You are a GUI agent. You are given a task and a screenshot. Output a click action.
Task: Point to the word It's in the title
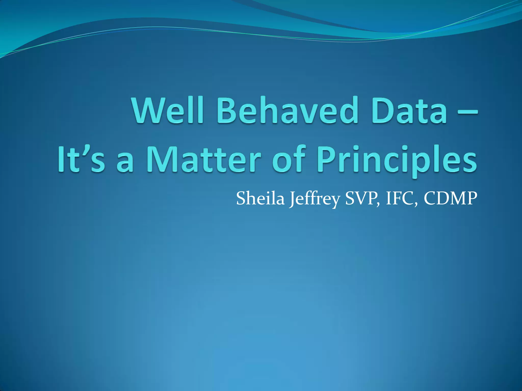point(81,159)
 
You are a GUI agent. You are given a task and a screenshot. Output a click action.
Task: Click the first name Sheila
point(260,198)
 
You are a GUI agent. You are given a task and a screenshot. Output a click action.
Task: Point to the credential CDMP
point(450,198)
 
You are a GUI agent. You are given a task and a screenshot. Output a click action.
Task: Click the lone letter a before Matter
point(125,163)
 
